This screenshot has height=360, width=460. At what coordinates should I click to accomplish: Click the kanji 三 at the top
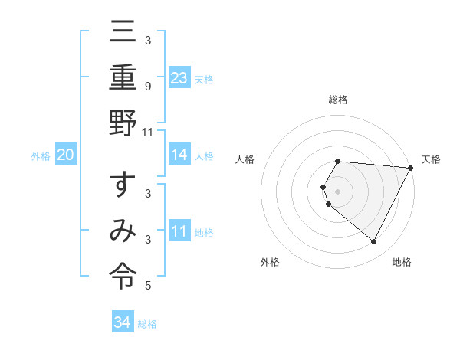coord(123,33)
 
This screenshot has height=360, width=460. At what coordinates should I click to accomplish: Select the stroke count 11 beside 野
coord(148,132)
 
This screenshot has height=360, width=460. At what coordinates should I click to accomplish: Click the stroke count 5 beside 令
coord(148,286)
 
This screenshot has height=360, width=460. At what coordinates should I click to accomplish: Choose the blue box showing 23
coord(179,77)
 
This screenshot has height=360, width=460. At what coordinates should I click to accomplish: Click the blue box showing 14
coord(179,155)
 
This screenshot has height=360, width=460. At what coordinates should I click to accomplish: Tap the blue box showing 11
coord(179,231)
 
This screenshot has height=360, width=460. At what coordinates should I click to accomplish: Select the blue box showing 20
coord(65,155)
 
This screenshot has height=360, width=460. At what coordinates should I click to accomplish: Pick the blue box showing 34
coord(122,322)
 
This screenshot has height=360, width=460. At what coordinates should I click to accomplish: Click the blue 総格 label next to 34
coord(147,324)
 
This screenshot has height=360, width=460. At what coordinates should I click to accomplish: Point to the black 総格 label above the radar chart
coord(338,100)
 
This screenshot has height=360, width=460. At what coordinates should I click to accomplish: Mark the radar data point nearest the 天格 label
coord(411,168)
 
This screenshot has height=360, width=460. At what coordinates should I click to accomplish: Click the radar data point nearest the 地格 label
coord(374,242)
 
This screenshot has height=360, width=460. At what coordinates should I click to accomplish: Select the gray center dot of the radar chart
coord(338,191)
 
